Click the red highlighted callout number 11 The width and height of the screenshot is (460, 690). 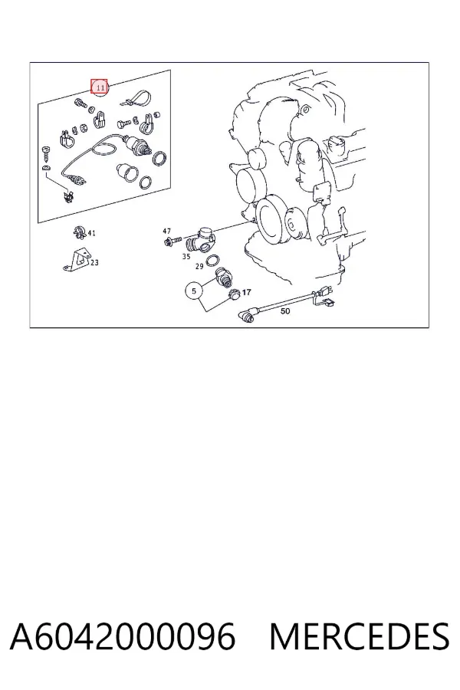click(99, 87)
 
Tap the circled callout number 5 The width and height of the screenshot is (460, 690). click(194, 291)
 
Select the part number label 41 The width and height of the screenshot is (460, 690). click(91, 233)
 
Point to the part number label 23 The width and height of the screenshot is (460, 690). click(94, 263)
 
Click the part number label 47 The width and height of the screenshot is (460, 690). click(166, 231)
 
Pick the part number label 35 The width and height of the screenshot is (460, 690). click(186, 256)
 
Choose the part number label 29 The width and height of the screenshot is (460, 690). click(199, 266)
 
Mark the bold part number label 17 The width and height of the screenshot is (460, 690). click(247, 292)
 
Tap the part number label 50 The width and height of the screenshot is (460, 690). click(285, 311)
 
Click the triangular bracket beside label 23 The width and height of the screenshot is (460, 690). click(77, 261)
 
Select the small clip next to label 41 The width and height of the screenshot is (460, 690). click(79, 232)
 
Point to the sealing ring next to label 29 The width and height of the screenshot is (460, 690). click(212, 260)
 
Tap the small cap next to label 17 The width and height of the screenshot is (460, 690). click(233, 294)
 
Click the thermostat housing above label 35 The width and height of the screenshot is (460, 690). click(202, 239)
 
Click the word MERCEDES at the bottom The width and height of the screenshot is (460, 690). click(360, 636)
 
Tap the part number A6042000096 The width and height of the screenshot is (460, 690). click(123, 636)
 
